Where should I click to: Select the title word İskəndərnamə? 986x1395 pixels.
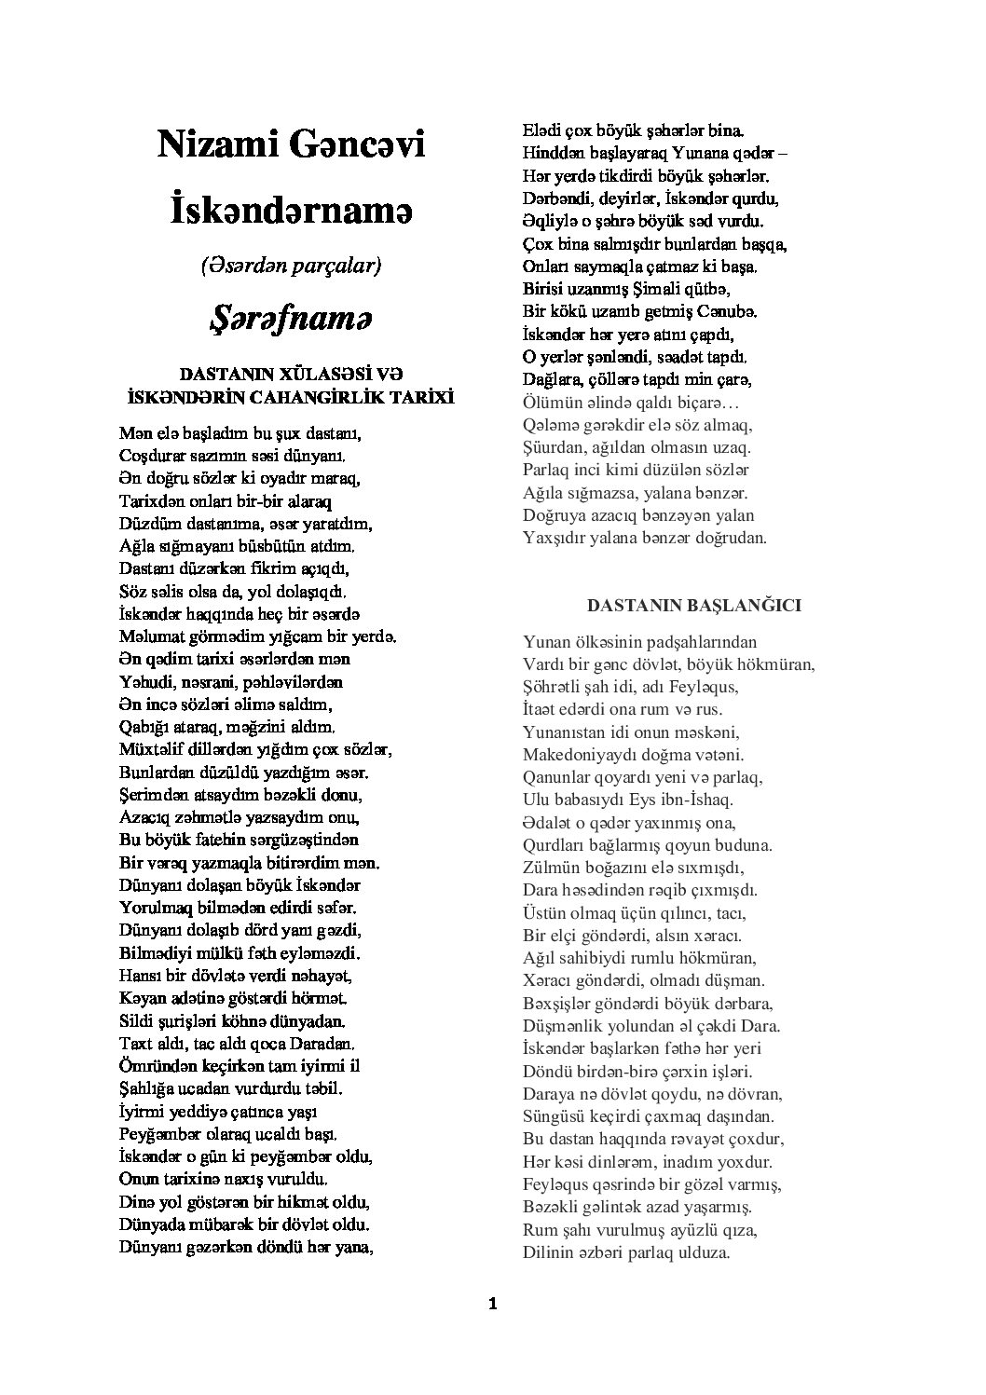291,210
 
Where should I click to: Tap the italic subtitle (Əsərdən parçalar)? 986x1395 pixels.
291,266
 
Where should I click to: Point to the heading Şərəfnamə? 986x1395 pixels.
291,318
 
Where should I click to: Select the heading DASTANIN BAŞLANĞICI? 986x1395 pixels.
693,606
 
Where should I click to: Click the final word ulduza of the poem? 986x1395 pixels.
700,1253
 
